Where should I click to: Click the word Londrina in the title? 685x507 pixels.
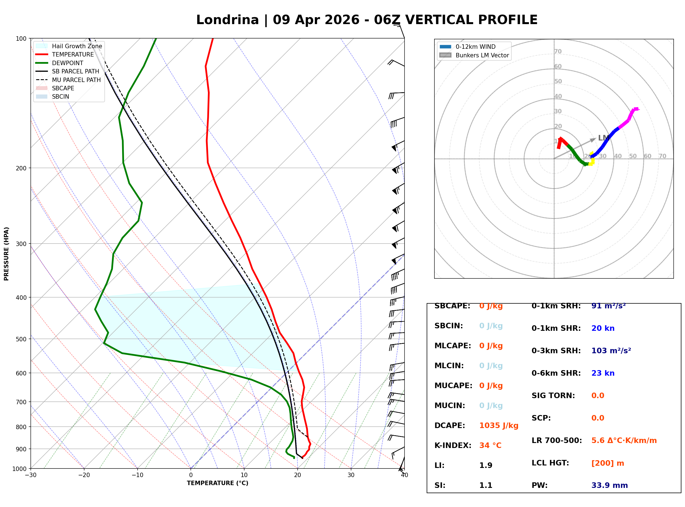[x=227, y=20]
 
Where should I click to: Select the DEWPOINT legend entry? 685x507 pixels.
[x=68, y=63]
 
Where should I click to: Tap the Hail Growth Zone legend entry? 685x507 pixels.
[x=77, y=46]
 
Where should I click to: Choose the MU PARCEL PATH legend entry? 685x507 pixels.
[x=76, y=80]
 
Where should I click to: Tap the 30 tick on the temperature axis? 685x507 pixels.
[x=351, y=475]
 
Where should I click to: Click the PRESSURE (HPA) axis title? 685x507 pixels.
[x=6, y=253]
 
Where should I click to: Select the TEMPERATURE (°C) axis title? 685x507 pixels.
[x=217, y=483]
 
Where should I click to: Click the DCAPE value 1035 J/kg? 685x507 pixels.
[x=499, y=426]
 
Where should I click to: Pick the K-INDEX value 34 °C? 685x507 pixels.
[x=490, y=445]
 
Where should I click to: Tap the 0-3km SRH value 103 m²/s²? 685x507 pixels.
[x=611, y=351]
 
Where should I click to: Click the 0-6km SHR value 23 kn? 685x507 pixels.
[x=602, y=373]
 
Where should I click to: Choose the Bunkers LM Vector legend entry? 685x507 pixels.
[x=482, y=55]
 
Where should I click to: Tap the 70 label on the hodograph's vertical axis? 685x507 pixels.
[x=558, y=51]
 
